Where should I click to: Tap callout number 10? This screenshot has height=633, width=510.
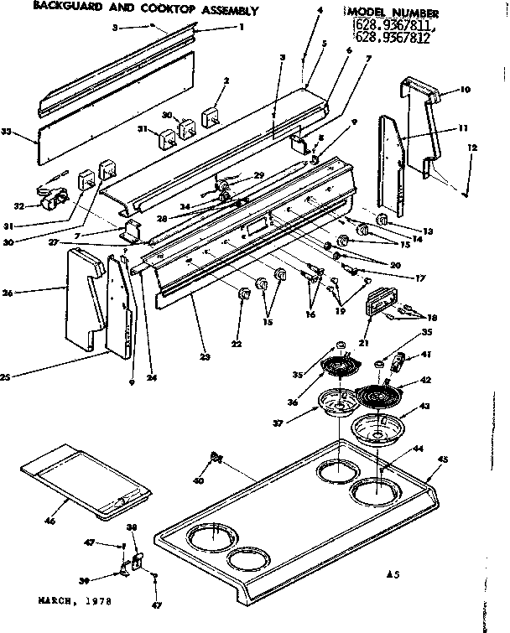(466, 89)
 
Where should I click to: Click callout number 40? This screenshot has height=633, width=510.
(198, 481)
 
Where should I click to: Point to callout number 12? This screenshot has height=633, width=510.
(472, 148)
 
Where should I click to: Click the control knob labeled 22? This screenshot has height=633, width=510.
(243, 294)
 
